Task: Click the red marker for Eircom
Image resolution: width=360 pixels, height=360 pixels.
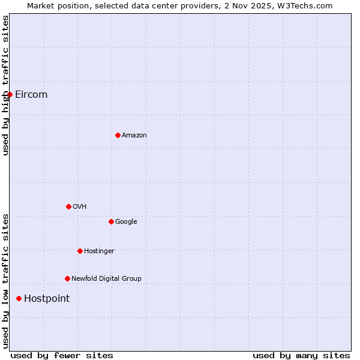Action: [x=10, y=94]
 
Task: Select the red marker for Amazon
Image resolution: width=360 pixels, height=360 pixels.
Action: [x=118, y=135]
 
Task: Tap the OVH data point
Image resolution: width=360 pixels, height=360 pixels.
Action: [x=68, y=206]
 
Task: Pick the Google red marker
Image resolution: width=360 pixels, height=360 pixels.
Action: [x=111, y=221]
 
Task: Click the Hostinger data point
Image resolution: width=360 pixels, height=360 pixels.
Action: [x=80, y=251]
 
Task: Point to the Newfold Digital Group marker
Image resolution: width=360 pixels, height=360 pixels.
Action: [x=67, y=278]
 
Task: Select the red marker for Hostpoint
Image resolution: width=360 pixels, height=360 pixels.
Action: [x=19, y=298]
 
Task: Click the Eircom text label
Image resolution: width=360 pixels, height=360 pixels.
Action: [x=31, y=94]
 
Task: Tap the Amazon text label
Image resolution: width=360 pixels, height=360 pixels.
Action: [x=134, y=135]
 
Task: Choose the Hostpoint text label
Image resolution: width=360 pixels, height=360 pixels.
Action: [x=47, y=298]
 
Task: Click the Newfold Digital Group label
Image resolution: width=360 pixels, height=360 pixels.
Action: [x=106, y=278]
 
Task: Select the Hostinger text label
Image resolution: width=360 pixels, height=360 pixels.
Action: [x=99, y=251]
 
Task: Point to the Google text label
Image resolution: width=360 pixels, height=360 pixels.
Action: [x=126, y=221]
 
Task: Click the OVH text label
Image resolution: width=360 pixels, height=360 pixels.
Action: [x=80, y=206]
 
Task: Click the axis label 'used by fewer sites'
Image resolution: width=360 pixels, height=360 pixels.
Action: [x=62, y=355]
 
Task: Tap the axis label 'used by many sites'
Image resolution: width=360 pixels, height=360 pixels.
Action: [x=301, y=355]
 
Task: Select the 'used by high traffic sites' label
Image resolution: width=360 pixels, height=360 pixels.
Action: [x=5, y=85]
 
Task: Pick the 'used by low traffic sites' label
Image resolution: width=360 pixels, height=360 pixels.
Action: [x=5, y=281]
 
